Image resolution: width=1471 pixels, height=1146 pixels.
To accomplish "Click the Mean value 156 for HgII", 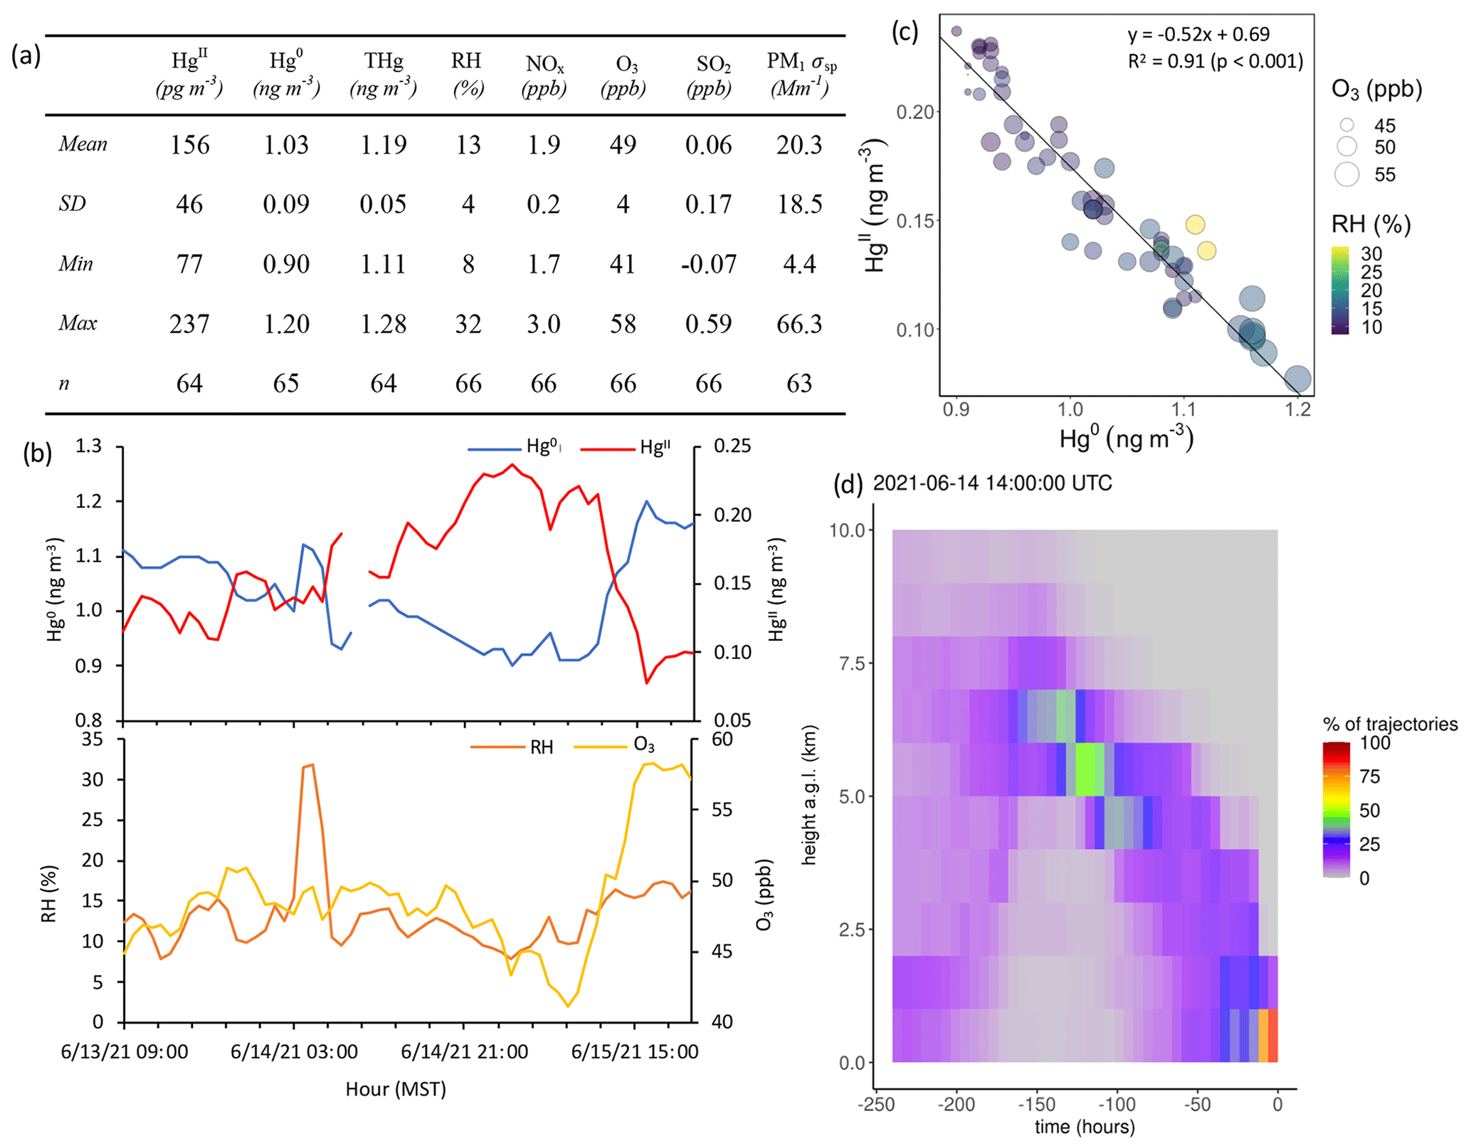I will tap(189, 145).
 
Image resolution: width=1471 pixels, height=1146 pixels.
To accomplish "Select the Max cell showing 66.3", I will tap(798, 325).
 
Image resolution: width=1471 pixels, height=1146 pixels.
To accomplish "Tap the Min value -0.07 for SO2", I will tap(708, 265).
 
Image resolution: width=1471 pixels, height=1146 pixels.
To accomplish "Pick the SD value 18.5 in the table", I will tap(799, 205).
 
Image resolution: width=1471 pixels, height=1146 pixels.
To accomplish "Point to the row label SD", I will tap(72, 205).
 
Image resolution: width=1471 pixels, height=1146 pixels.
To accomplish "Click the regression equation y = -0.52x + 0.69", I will tap(1198, 34).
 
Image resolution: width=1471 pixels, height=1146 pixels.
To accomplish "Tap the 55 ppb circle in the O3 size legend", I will tap(1346, 174).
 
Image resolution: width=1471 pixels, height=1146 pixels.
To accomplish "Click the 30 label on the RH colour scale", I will tap(1371, 254).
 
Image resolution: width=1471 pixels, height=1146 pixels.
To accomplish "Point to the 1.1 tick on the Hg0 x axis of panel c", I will tap(1183, 410).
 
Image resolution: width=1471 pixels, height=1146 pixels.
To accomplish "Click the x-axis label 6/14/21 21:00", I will tap(464, 1052).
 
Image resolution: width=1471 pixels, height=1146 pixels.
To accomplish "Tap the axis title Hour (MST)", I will tap(396, 1089).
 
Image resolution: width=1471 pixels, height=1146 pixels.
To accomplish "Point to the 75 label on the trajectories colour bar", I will tap(1370, 777).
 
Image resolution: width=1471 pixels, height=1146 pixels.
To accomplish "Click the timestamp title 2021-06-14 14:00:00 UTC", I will tap(992, 484).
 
